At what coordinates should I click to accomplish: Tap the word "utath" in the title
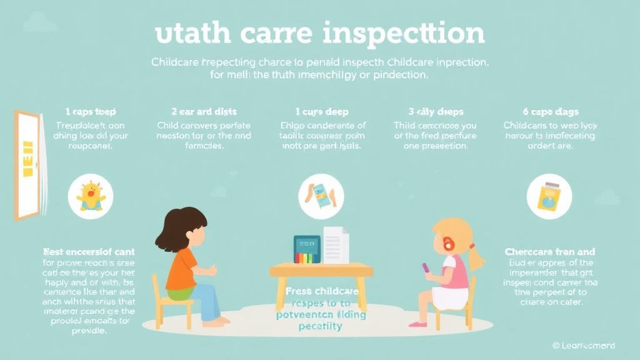tap(186, 34)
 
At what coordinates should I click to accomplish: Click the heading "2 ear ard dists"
tap(196, 112)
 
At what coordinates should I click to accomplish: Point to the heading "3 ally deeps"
tap(436, 112)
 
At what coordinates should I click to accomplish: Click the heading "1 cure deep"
tap(316, 112)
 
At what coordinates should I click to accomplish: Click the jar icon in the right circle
tap(549, 196)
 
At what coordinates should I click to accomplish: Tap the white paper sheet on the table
tap(336, 246)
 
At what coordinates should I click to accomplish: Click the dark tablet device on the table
tap(307, 251)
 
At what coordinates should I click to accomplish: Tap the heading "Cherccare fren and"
tap(549, 252)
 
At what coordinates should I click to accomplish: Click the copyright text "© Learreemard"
tap(584, 346)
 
